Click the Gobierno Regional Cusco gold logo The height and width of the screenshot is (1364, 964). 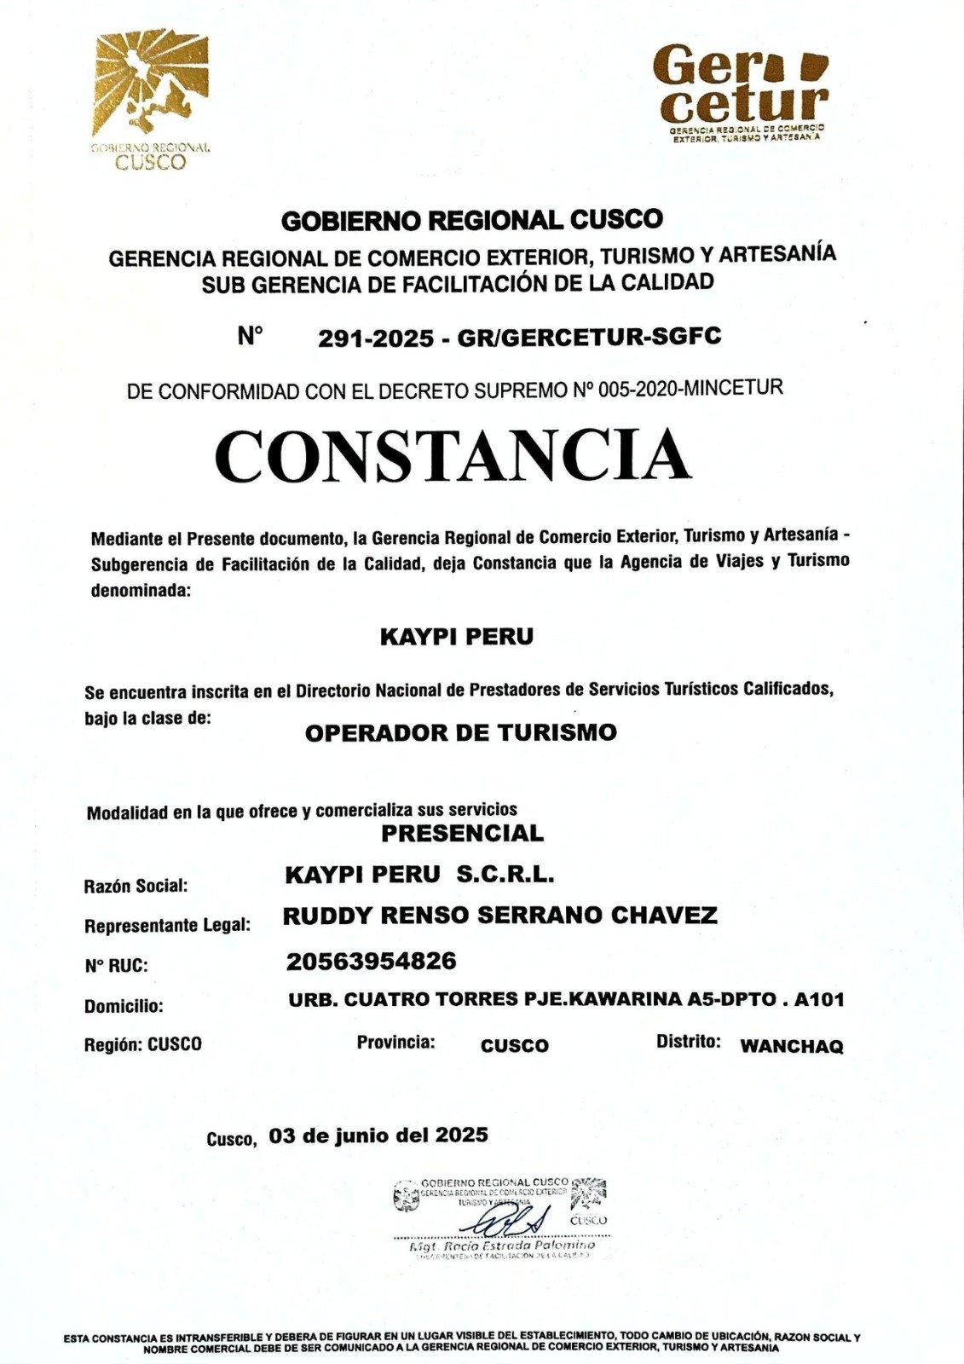[x=151, y=98]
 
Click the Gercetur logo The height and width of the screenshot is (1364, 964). [x=741, y=90]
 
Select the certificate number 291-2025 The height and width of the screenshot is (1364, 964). [x=376, y=338]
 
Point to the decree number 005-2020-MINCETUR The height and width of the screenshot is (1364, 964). [x=690, y=390]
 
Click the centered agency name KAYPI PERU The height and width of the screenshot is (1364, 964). [x=457, y=637]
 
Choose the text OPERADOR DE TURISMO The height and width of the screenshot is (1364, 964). [x=460, y=733]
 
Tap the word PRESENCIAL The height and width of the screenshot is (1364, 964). [x=462, y=833]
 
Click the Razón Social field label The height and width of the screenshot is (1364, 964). [x=136, y=886]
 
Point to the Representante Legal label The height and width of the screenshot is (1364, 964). [x=167, y=925]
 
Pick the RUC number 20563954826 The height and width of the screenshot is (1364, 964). [x=371, y=962]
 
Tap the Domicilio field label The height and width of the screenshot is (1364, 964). [x=123, y=1006]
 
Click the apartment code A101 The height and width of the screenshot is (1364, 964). [x=818, y=999]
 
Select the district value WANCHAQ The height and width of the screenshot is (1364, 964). [x=791, y=1046]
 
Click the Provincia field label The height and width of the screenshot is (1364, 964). [x=395, y=1042]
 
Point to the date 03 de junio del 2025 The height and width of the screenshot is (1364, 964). [x=378, y=1136]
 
